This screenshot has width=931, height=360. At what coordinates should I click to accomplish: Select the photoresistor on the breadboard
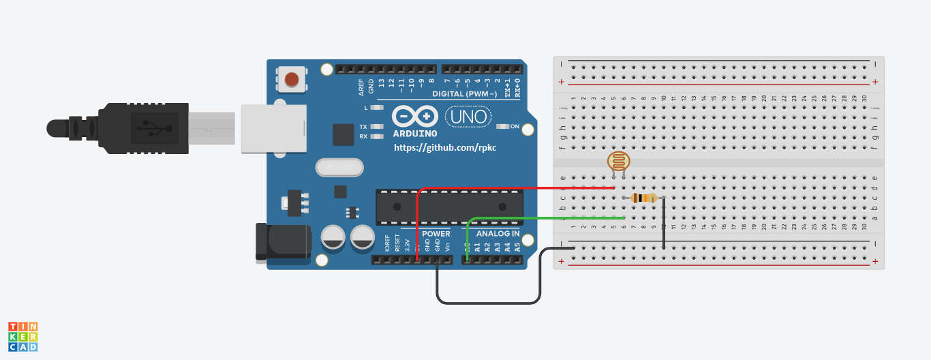coord(619,162)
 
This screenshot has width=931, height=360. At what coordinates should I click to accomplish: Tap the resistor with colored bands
coord(644,198)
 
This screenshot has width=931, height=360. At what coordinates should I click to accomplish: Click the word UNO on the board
coord(468,117)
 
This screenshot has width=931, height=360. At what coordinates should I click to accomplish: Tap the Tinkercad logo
coord(22,337)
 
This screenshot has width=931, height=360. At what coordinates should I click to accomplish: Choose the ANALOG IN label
coord(498,234)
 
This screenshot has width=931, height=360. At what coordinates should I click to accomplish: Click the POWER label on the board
coord(435,234)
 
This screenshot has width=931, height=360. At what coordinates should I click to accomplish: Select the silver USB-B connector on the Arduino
coord(273,128)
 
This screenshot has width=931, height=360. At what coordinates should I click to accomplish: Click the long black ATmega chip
coord(450,207)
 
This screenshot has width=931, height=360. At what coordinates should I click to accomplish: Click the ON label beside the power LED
coord(515,126)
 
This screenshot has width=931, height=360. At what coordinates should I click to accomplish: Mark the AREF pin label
coord(361,87)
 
